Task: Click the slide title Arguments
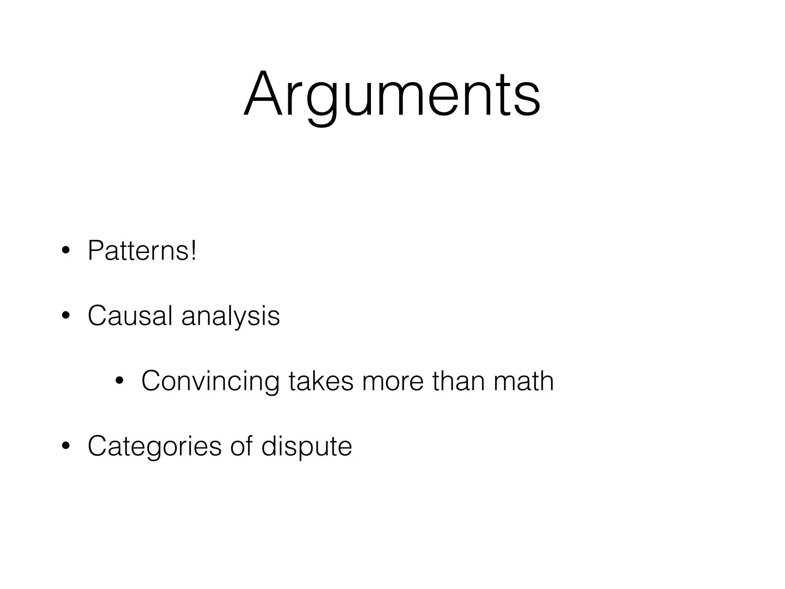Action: (392, 94)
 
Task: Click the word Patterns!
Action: (142, 250)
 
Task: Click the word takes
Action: (321, 381)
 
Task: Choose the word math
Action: (524, 381)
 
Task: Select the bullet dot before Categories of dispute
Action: (66, 446)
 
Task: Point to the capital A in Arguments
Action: (263, 94)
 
